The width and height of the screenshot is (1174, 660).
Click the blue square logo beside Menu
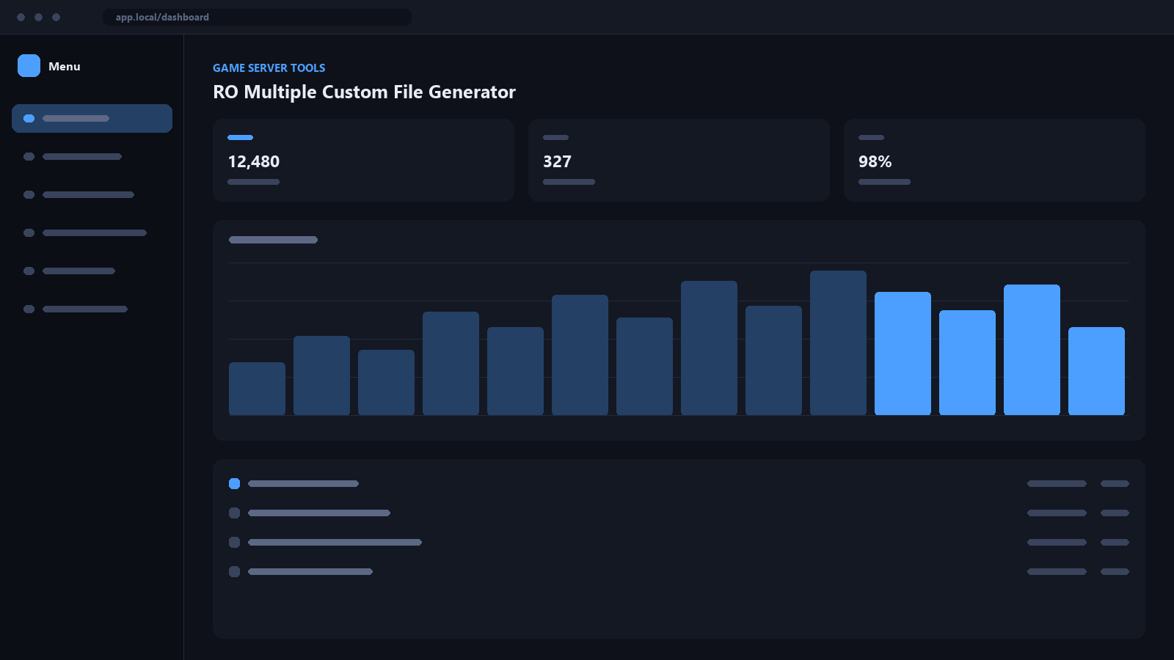click(x=29, y=66)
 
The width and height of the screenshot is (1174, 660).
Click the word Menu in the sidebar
click(x=65, y=67)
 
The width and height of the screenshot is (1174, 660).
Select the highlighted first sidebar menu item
click(x=92, y=118)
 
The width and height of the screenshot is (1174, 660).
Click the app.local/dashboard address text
click(x=162, y=18)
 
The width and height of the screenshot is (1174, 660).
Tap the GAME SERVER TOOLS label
click(x=269, y=68)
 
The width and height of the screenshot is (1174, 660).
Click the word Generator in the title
click(x=472, y=92)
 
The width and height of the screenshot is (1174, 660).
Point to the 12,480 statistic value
click(x=254, y=161)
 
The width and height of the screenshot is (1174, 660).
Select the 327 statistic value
click(x=557, y=161)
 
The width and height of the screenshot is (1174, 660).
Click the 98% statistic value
click(x=875, y=161)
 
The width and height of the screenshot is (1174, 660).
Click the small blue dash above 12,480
click(x=240, y=137)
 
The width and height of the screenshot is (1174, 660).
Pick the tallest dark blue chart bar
click(x=838, y=343)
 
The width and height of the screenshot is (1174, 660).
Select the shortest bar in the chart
click(x=257, y=389)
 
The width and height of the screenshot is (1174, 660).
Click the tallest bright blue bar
click(x=1032, y=350)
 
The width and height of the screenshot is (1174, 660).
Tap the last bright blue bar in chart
click(x=1096, y=371)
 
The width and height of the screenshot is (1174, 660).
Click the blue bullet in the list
click(x=234, y=483)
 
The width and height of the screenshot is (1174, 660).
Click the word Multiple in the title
click(x=280, y=92)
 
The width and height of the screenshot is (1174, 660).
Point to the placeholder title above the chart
click(x=273, y=240)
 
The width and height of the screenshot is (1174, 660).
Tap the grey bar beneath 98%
click(x=884, y=182)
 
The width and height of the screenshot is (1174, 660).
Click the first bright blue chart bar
click(x=903, y=353)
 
